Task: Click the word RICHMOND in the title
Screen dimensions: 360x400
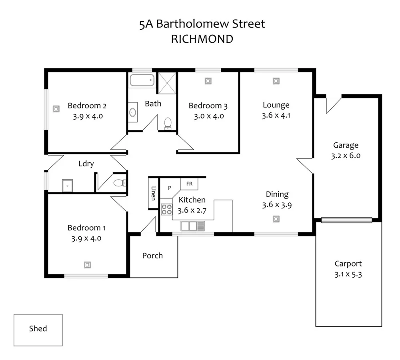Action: pos(202,39)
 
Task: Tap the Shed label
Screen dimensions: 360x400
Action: pos(38,329)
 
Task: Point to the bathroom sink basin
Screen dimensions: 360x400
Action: pos(132,112)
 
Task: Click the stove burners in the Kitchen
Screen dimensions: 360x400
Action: pos(166,209)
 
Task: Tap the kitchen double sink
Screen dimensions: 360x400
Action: pos(192,226)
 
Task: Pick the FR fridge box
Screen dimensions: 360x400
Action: pos(190,184)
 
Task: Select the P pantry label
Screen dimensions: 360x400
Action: pos(169,188)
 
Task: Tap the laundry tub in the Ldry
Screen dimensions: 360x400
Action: pos(68,185)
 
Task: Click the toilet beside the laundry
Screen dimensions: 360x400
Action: pos(119,183)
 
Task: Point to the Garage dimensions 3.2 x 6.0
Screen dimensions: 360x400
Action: pos(346,156)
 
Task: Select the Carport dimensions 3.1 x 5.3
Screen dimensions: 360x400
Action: pos(348,274)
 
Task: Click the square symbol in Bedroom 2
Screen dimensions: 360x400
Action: pos(56,108)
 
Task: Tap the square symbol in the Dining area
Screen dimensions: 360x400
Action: pos(276,219)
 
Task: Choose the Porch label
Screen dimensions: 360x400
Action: pos(152,256)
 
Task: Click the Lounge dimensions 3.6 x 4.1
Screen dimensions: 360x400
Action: pos(276,116)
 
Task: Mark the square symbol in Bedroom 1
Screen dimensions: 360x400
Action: pos(87,264)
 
